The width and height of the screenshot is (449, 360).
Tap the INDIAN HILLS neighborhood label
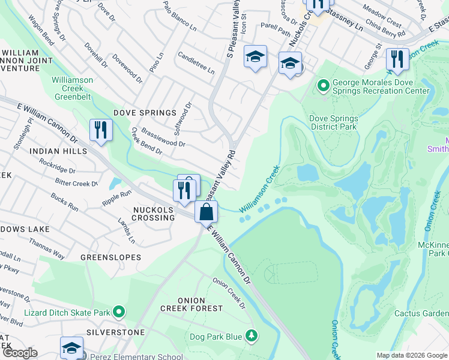coord(61,151)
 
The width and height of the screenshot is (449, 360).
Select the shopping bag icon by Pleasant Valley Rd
coord(206,212)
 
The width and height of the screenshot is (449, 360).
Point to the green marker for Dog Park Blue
coord(253,334)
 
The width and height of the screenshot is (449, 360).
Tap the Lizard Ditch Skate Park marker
coord(119,311)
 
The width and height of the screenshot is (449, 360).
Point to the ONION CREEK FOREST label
coord(191,304)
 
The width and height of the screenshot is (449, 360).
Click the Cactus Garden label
coord(421,313)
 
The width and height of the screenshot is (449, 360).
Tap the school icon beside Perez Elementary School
coord(71,347)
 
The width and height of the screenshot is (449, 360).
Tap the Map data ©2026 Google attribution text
coord(411,355)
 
